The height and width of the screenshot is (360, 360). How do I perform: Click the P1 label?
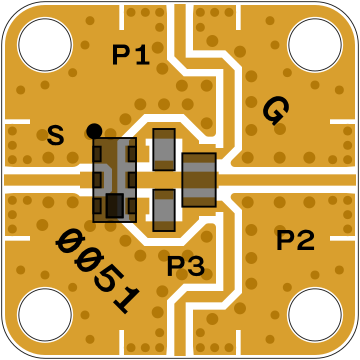pos(131,55)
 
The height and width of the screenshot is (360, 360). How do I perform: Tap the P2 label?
pos(295,241)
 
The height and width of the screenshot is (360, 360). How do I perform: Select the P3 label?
pos(186,266)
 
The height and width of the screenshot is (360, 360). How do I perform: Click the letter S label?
pos(55,135)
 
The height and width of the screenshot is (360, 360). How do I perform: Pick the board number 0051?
pos(98,271)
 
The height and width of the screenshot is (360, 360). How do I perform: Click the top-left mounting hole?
pos(45,44)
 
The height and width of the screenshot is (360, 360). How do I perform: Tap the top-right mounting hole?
pos(315,44)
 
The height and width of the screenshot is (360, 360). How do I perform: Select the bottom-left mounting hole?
pos(45,315)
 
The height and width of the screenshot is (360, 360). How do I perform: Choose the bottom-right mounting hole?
pos(315,315)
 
